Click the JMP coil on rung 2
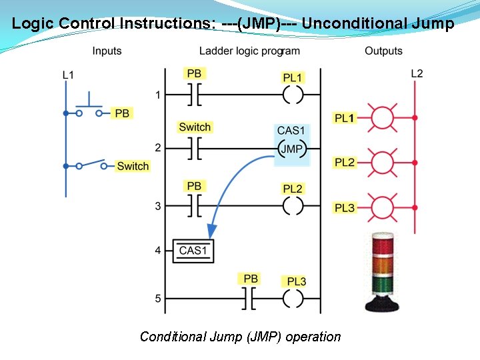(291, 149)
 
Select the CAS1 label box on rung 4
(193, 251)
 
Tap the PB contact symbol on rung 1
(194, 95)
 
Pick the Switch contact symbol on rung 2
(194, 148)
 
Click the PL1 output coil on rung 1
(293, 95)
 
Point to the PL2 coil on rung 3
(293, 206)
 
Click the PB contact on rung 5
(251, 299)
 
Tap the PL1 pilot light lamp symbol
(383, 118)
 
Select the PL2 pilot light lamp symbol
(383, 162)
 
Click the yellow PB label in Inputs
(122, 113)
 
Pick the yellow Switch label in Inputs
(133, 166)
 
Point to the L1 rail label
(68, 75)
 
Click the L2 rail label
(416, 73)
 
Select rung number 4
(158, 251)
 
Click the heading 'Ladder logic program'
(249, 51)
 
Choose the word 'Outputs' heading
(383, 51)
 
